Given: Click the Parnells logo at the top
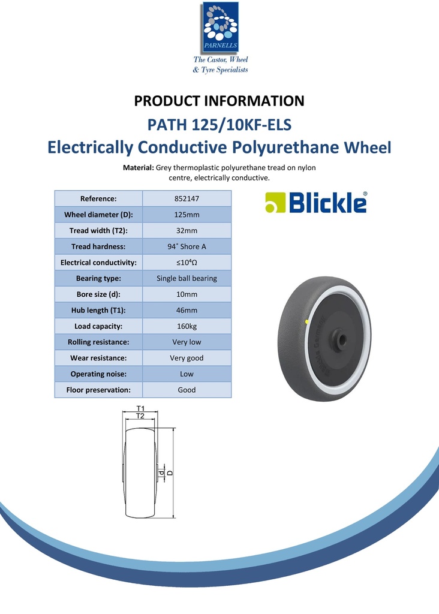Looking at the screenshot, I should point(220,28).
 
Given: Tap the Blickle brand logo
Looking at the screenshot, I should point(316,203).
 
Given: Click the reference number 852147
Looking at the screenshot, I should point(187,198).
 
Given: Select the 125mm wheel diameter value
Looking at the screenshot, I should point(187,215).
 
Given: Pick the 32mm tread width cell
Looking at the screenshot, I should point(187,231).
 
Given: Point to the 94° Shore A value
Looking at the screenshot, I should point(187,246).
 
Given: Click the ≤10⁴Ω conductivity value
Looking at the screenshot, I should point(187,263).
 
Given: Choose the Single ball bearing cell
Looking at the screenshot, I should point(187,278).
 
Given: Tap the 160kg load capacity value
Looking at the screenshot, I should point(187,326).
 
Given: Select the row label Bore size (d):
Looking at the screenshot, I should point(98,294).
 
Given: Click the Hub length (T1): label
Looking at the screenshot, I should point(98,311).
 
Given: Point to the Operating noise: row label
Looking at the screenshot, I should point(98,374).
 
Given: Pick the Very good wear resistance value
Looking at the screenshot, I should point(187,358).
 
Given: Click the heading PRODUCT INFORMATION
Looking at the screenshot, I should point(219,101).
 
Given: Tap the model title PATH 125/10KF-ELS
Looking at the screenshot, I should point(219,125).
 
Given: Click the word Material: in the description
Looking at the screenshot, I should point(139,168).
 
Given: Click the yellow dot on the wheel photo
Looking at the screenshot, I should point(308,322).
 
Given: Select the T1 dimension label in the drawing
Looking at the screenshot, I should point(140,408).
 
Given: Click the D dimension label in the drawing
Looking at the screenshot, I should point(170,473).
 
